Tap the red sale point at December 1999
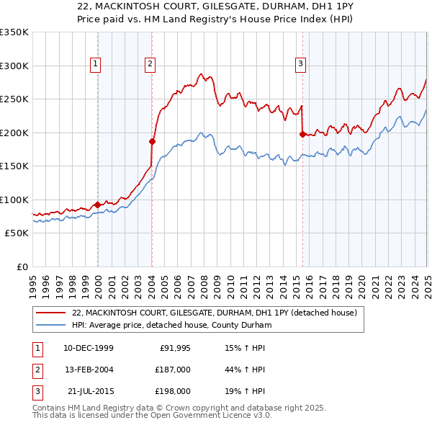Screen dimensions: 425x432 [97, 205]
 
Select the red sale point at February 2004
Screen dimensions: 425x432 [152, 141]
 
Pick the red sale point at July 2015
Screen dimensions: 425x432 [302, 133]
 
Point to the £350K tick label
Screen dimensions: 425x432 [14, 32]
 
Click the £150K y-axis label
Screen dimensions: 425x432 [14, 166]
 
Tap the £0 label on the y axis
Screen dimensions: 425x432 [22, 267]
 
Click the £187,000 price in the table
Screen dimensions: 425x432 [174, 370]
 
